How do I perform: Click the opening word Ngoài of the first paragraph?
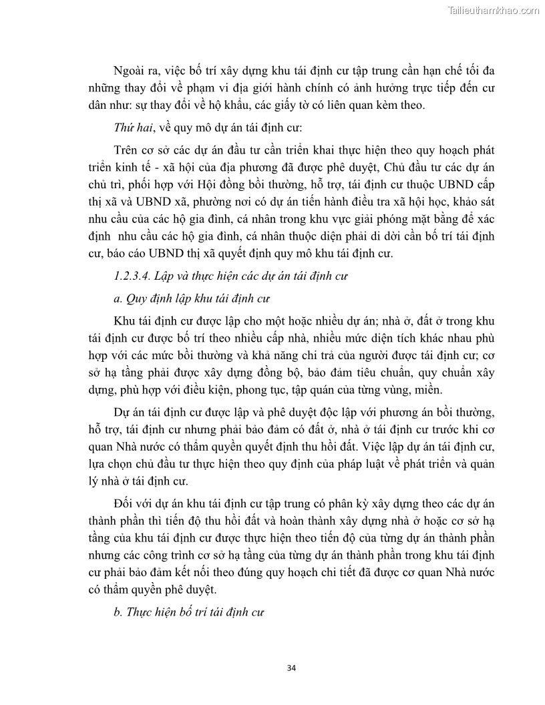tap(130, 71)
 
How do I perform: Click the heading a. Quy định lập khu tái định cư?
tap(194, 298)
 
